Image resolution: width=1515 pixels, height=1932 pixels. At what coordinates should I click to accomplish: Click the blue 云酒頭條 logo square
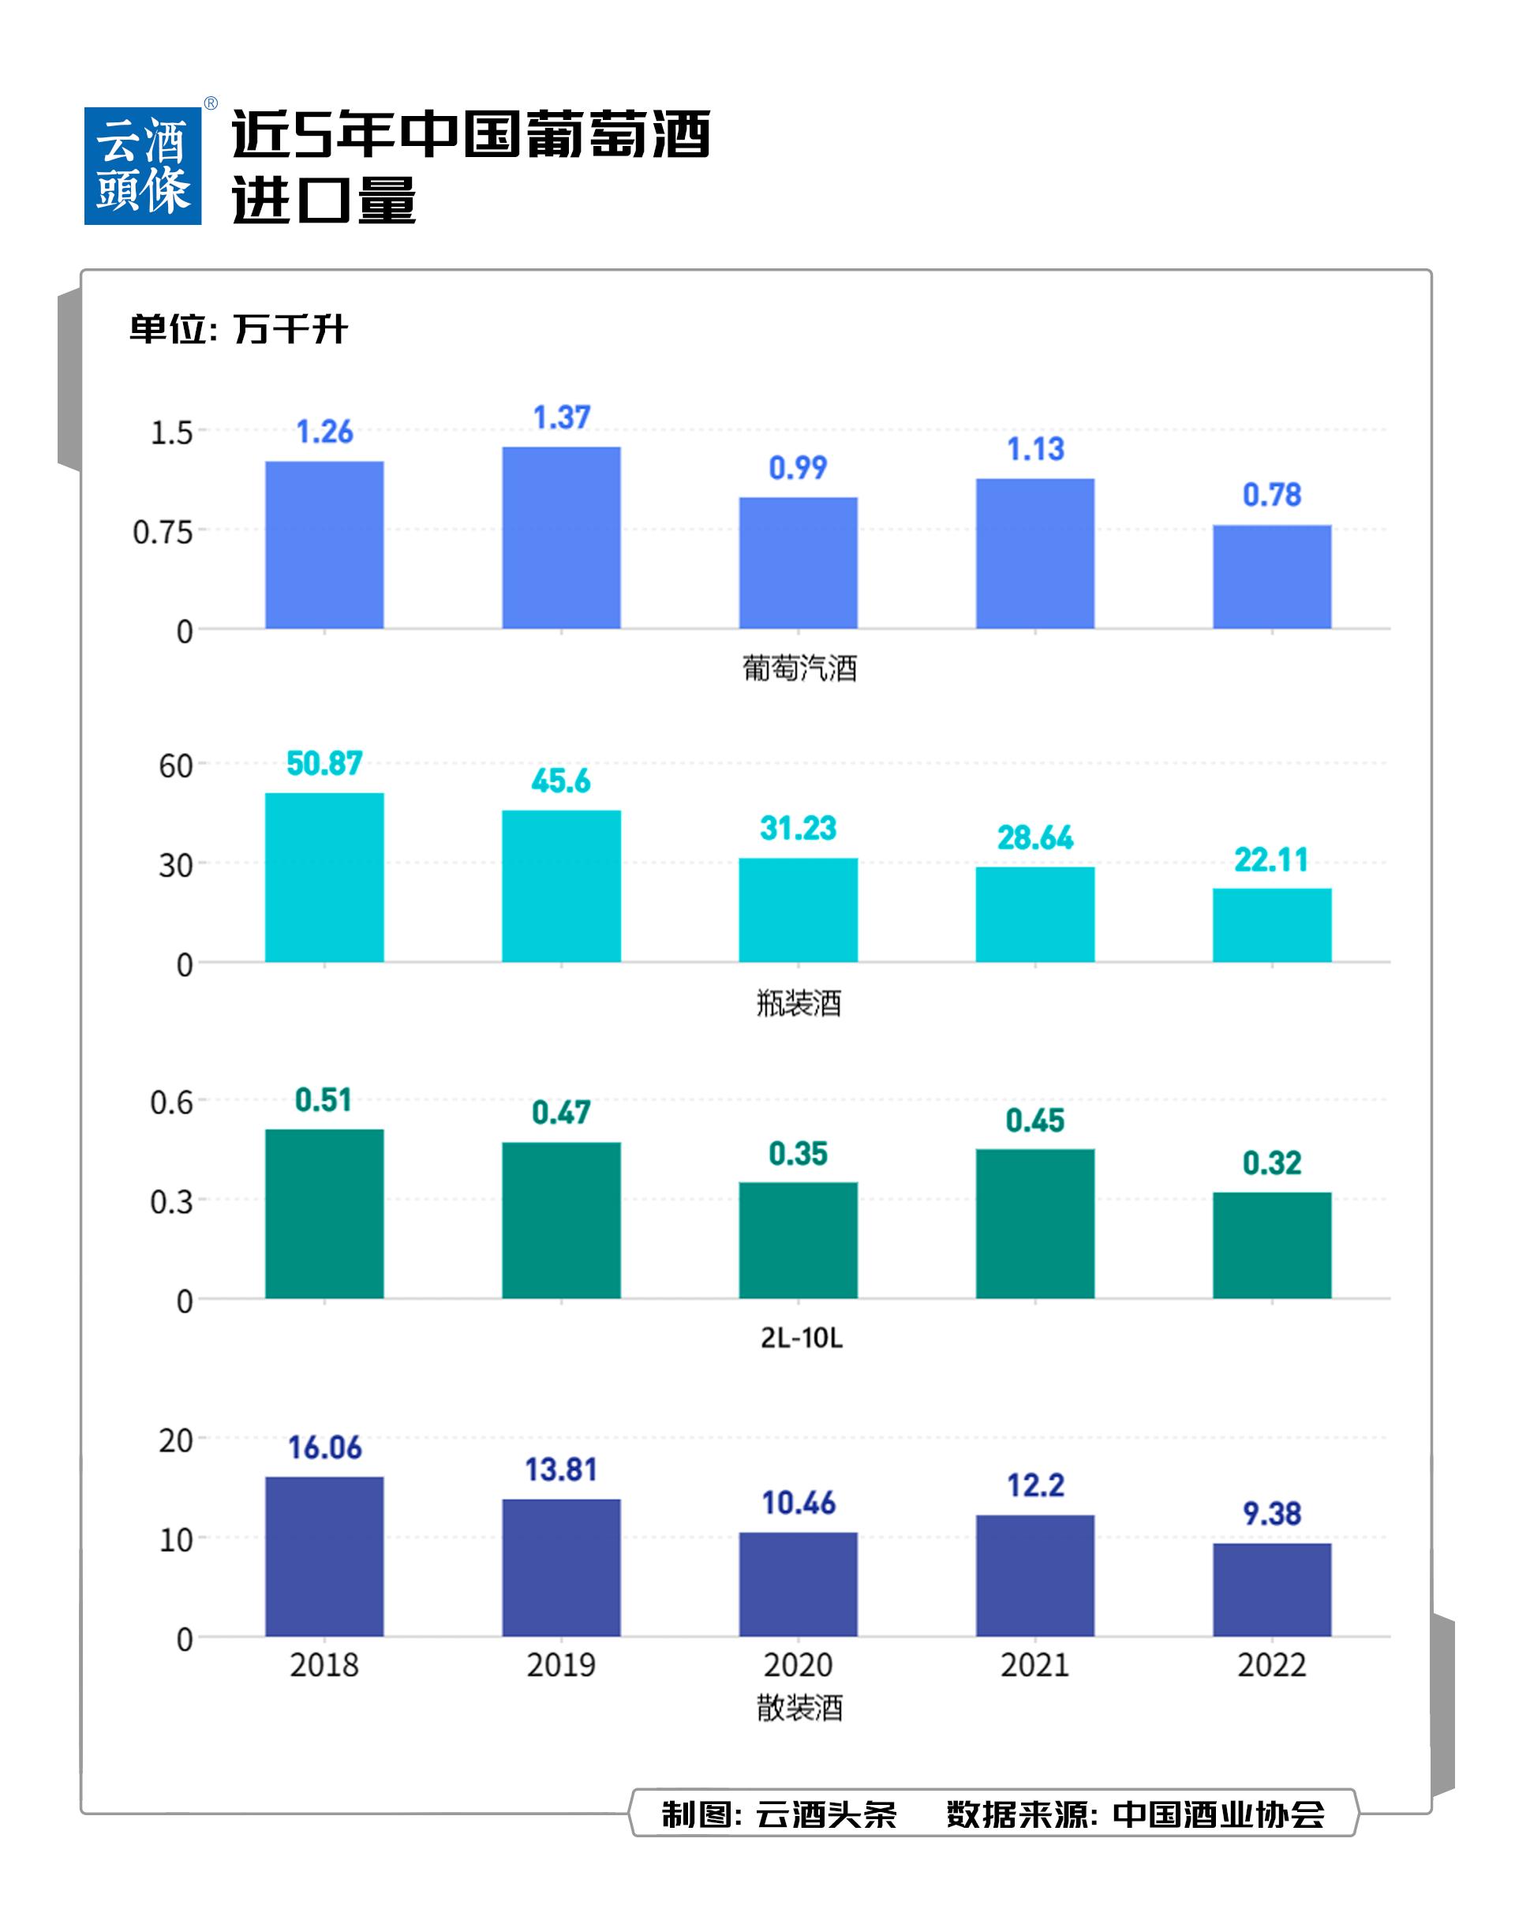coord(143,166)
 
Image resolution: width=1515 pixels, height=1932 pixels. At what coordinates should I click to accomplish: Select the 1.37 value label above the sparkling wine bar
coord(562,417)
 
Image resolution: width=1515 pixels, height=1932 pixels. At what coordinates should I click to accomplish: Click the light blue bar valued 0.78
coord(1272,577)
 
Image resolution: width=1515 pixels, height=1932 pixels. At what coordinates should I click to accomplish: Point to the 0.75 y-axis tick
coord(163,532)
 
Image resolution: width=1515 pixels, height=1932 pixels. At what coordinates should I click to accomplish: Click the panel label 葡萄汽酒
coord(799,668)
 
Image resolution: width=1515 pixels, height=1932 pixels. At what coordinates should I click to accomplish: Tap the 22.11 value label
coord(1271,859)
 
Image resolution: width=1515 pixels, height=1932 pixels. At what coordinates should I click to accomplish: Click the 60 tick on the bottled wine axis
coord(176,766)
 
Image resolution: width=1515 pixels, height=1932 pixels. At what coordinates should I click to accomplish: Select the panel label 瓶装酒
coord(799,1003)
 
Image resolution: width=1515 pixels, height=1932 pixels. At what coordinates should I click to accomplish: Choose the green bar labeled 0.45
coord(1035,1223)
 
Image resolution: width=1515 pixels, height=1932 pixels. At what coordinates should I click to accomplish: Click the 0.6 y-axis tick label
coord(171,1103)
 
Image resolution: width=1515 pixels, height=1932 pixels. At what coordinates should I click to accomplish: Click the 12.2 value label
coord(1035,1485)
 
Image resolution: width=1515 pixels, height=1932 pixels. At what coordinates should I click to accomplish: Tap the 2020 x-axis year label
coord(799,1665)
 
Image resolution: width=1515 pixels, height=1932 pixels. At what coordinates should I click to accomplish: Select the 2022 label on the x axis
coord(1272,1665)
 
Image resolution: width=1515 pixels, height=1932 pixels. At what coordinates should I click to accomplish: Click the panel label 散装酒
coord(799,1708)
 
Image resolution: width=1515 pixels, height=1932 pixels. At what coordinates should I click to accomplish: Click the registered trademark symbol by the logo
coord(211,104)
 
